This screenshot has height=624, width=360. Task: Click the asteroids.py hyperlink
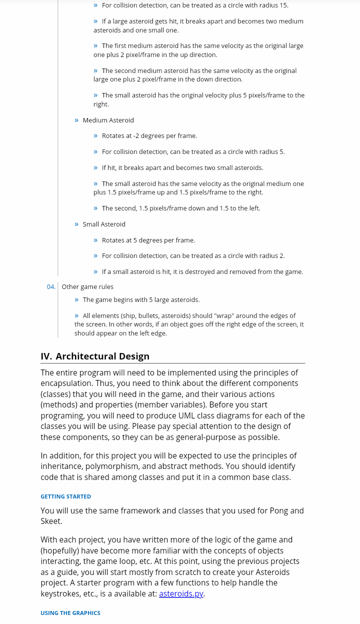point(181,593)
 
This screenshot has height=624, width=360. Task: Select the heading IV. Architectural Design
point(95,356)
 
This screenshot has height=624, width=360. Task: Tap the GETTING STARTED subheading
point(65,496)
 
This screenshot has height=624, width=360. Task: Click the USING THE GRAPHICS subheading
point(70,613)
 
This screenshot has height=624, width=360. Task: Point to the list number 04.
point(51,286)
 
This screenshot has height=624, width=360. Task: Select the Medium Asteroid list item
point(108,120)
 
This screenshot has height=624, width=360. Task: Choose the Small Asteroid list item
point(104,224)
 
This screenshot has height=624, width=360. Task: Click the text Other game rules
point(87,286)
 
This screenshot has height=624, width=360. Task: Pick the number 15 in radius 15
point(283,5)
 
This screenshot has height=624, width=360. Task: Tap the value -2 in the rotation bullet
point(136,135)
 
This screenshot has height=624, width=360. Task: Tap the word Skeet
point(51,521)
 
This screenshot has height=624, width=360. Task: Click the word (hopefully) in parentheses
point(62,550)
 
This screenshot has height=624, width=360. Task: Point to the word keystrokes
point(60,593)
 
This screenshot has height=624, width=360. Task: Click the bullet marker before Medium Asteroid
point(76,120)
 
